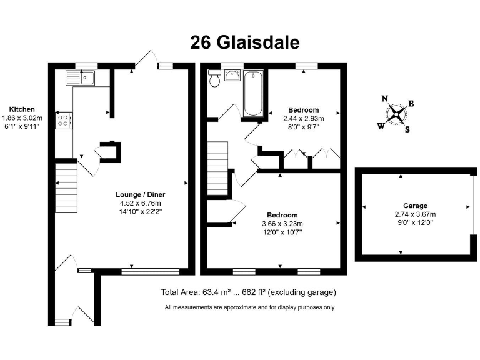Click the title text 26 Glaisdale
(x=244, y=42)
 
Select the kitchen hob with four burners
(x=64, y=120)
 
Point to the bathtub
(x=253, y=94)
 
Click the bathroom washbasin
(x=233, y=76)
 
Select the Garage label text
(x=414, y=206)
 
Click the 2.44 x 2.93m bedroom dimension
(x=301, y=118)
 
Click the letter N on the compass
(x=386, y=98)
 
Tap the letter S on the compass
(x=407, y=129)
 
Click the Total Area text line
(x=249, y=292)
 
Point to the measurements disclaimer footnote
(x=249, y=307)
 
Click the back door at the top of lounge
(x=146, y=59)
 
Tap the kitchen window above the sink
(x=86, y=65)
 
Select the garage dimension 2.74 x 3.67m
(x=414, y=214)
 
